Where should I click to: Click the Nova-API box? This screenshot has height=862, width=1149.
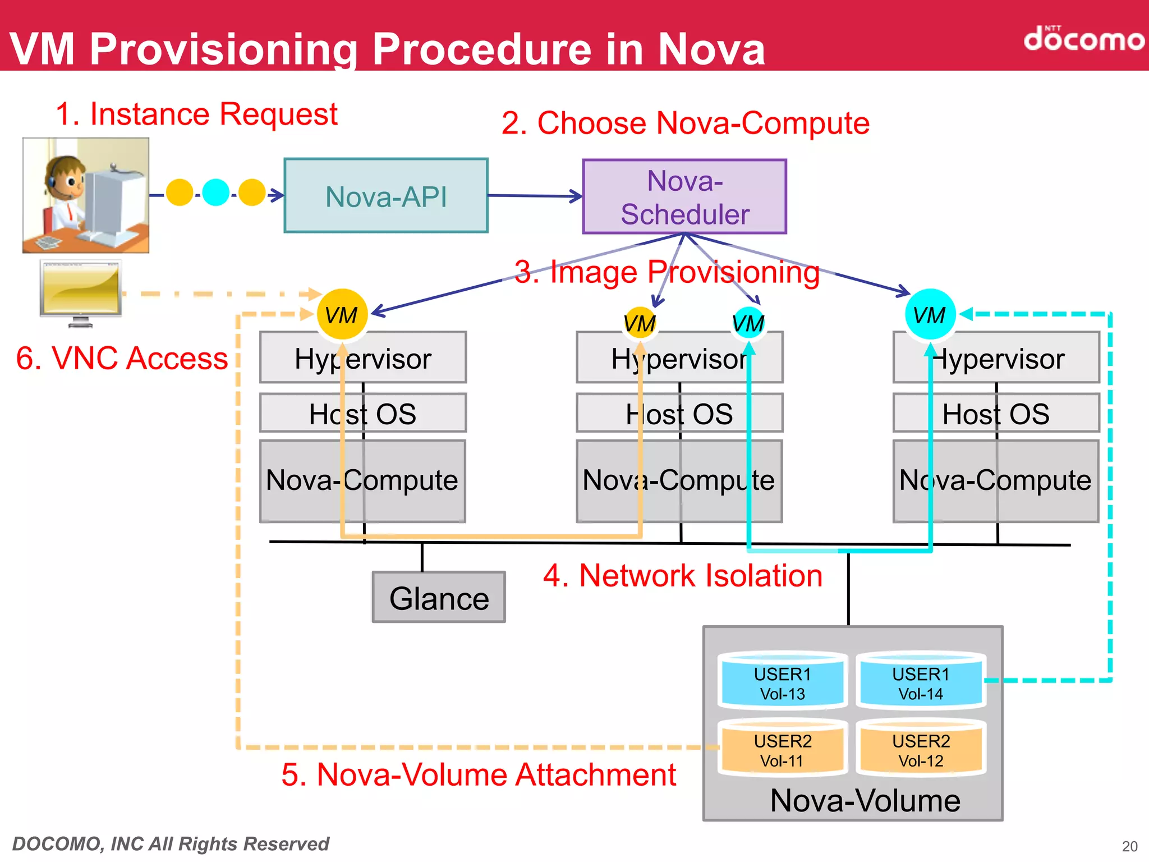386,196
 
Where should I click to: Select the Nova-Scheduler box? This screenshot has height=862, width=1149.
684,196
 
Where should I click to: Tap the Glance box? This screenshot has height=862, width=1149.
439,597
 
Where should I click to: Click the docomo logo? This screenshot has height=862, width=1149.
1083,39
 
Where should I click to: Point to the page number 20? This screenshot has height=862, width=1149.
1129,846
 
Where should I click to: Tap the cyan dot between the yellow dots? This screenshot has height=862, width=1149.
215,193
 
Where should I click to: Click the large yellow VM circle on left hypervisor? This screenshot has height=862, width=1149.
342,314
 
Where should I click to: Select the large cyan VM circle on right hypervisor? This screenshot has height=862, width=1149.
930,314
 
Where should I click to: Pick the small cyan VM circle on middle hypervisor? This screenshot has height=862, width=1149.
748,323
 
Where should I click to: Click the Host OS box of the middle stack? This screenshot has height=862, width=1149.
679,414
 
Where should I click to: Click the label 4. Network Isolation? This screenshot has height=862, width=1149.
682,576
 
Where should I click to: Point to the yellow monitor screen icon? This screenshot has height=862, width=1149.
81,288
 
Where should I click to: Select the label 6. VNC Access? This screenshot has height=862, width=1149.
122,358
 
